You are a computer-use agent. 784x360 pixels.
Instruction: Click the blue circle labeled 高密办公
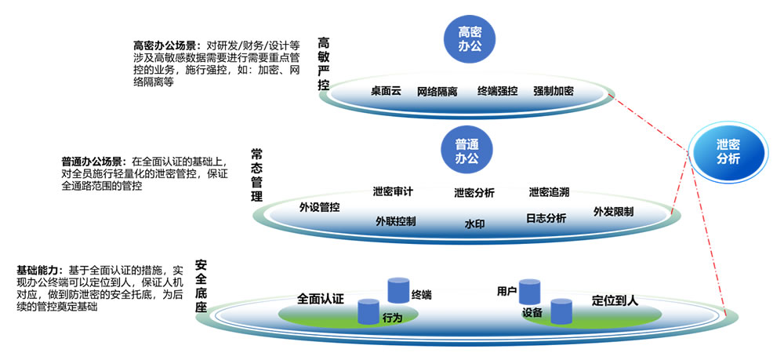469,39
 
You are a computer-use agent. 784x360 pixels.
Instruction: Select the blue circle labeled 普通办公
466,151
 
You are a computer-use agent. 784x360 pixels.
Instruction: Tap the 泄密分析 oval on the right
728,152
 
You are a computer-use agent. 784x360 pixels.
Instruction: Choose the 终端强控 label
498,91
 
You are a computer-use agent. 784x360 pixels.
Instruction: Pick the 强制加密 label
553,91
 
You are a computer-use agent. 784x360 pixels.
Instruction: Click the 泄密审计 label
393,191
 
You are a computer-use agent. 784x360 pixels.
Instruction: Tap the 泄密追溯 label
549,191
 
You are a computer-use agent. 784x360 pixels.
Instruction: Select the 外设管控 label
319,207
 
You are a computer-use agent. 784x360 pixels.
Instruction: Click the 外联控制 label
395,221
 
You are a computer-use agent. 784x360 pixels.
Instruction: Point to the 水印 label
474,224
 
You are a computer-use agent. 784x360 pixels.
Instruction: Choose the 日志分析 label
546,219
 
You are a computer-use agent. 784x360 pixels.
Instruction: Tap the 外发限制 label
614,212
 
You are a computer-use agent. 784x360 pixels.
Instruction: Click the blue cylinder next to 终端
398,290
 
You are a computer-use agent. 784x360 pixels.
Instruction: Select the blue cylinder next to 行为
369,311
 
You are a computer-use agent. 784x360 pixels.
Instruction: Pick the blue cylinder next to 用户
529,292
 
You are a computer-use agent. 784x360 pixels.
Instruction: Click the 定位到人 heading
615,300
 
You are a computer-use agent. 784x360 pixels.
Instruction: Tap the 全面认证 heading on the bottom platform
321,299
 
